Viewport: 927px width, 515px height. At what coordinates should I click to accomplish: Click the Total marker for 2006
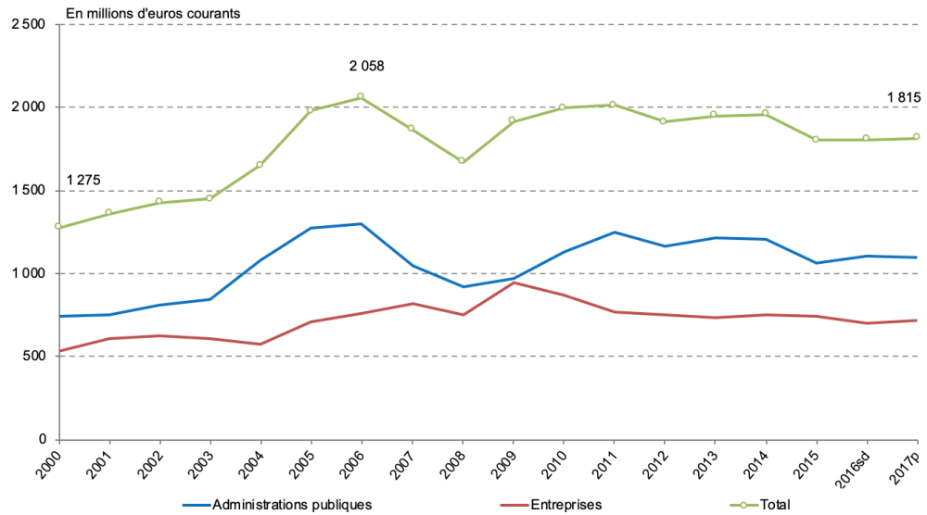pyautogui.click(x=361, y=96)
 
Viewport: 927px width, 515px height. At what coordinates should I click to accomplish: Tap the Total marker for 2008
pyautogui.click(x=462, y=160)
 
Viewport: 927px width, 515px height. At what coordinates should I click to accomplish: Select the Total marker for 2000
pyautogui.click(x=58, y=226)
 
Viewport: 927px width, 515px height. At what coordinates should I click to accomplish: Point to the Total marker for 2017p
pyautogui.click(x=916, y=137)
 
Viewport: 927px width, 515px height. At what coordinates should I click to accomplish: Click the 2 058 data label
pyautogui.click(x=366, y=66)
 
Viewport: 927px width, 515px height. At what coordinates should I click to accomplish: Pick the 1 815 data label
pyautogui.click(x=903, y=97)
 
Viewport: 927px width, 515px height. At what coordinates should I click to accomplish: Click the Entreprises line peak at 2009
pyautogui.click(x=513, y=283)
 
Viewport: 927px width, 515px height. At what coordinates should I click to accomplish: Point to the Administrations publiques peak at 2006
pyautogui.click(x=361, y=223)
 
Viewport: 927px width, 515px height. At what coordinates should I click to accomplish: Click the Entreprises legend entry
pyautogui.click(x=565, y=504)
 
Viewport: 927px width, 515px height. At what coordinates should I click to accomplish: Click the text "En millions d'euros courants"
pyautogui.click(x=153, y=14)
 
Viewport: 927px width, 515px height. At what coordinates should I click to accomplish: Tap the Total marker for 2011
pyautogui.click(x=613, y=105)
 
